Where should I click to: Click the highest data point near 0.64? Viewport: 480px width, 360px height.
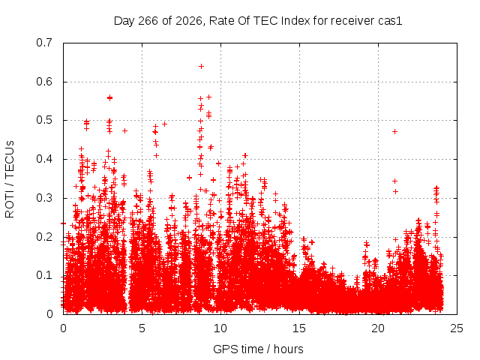[201, 67]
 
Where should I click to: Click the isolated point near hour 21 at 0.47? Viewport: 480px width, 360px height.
[395, 132]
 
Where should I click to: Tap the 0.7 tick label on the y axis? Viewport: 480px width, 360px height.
[44, 43]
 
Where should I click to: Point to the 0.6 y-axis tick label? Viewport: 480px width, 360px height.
[44, 82]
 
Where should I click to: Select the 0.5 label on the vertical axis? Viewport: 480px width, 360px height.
[44, 120]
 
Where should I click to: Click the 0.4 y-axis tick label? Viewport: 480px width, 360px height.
[44, 159]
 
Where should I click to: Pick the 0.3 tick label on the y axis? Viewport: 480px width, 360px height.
[44, 198]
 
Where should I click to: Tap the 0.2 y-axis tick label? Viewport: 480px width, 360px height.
[44, 237]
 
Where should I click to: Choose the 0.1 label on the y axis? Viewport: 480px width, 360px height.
[44, 275]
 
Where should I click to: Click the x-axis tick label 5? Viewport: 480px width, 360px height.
[142, 328]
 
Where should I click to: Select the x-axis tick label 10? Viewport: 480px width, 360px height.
[220, 328]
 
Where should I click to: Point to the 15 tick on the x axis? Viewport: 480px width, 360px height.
[299, 328]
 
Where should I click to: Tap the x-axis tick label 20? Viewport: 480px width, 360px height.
[378, 328]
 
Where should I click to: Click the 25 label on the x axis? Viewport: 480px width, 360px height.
[457, 328]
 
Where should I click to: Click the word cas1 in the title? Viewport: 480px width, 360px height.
[390, 21]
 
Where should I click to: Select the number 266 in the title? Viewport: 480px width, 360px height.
[148, 21]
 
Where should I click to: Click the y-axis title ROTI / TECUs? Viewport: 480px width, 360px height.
[10, 179]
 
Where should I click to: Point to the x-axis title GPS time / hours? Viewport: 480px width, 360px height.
[258, 349]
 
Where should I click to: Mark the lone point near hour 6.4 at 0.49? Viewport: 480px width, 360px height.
[164, 124]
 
